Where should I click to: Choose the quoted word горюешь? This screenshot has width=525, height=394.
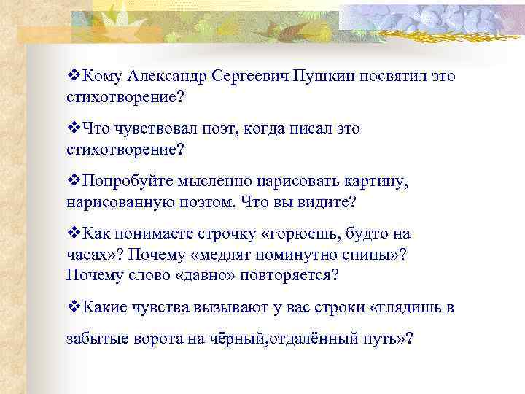pyautogui.click(x=306, y=234)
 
